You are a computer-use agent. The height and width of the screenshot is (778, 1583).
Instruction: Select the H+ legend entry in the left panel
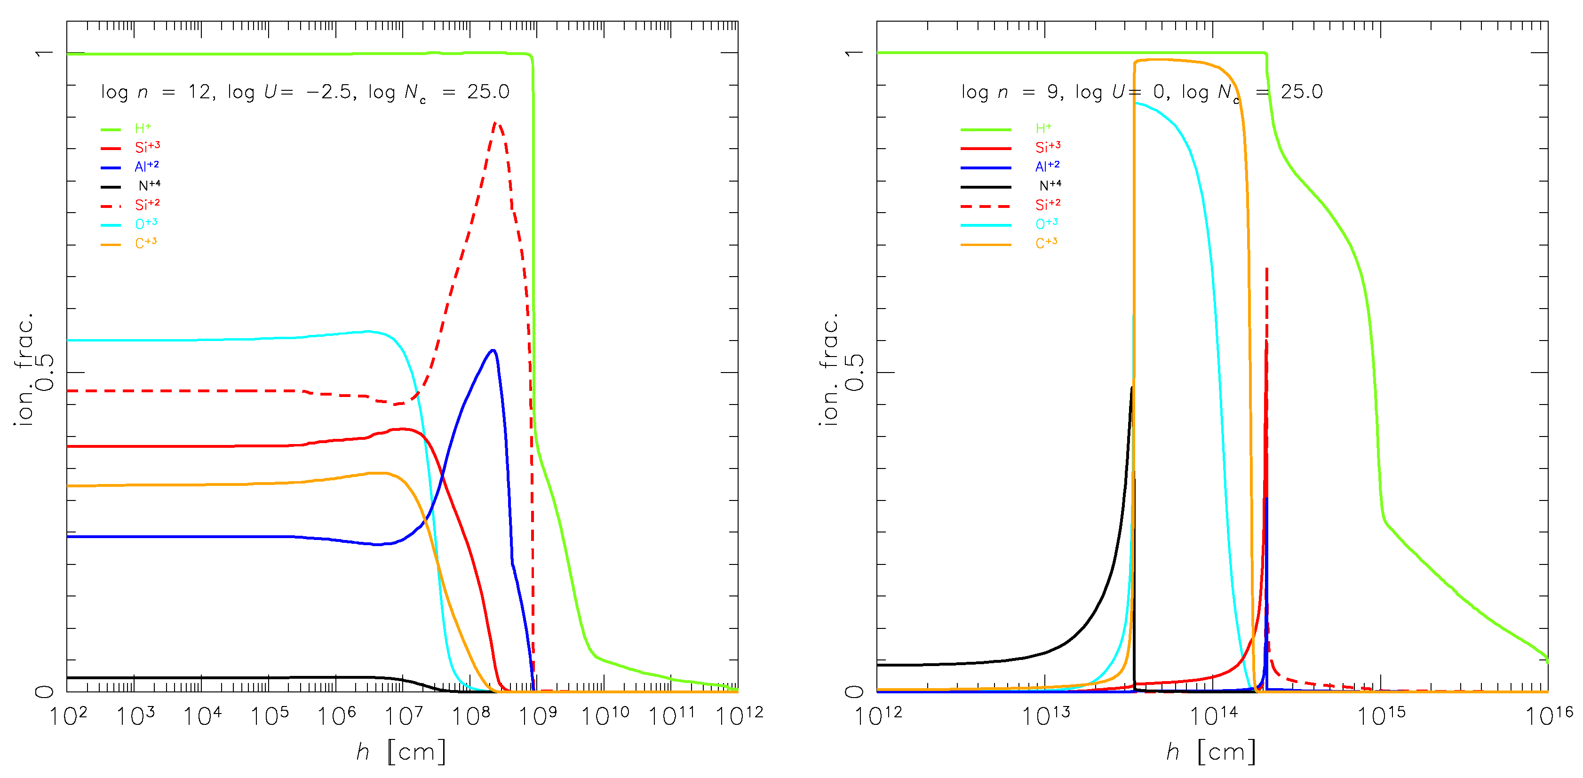[x=143, y=128]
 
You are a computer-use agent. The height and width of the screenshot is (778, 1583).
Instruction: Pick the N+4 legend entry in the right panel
[x=1050, y=185]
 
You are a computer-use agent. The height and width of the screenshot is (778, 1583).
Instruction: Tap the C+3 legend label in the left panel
[x=146, y=243]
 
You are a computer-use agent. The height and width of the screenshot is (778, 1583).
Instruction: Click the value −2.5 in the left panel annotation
[x=329, y=92]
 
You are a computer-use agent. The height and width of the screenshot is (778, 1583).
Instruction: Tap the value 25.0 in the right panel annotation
[x=1302, y=92]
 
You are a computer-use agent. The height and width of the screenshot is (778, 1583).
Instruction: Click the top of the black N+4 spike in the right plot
[x=1131, y=388]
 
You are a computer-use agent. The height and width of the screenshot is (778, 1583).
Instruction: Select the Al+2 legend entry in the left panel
[x=146, y=167]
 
